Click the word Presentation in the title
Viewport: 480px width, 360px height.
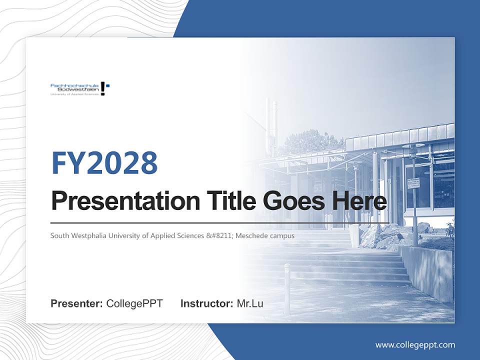[x=118, y=201]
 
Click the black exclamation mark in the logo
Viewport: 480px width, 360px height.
[x=103, y=88]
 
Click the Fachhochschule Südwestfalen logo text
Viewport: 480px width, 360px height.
[x=74, y=88]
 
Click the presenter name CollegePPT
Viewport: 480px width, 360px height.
[x=134, y=303]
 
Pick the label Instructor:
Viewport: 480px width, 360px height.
[x=206, y=303]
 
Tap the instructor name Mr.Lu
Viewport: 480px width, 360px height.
[x=249, y=303]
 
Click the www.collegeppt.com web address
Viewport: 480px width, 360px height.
[x=415, y=344]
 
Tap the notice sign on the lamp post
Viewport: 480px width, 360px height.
[x=413, y=183]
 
